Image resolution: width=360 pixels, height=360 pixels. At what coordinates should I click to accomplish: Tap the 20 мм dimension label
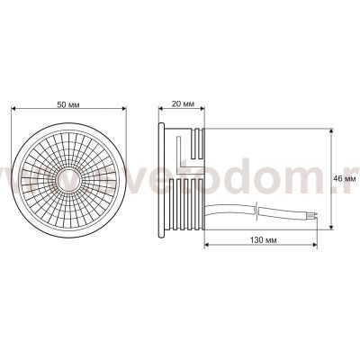coord(183,104)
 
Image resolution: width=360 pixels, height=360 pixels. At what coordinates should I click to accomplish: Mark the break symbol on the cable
coord(259,211)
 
